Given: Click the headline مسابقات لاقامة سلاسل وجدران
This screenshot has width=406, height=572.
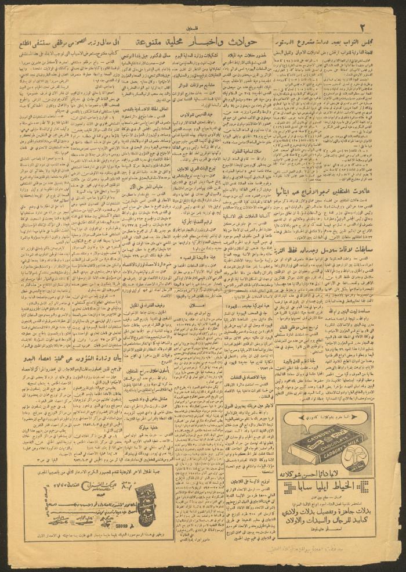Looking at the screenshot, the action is tap(332, 235).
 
